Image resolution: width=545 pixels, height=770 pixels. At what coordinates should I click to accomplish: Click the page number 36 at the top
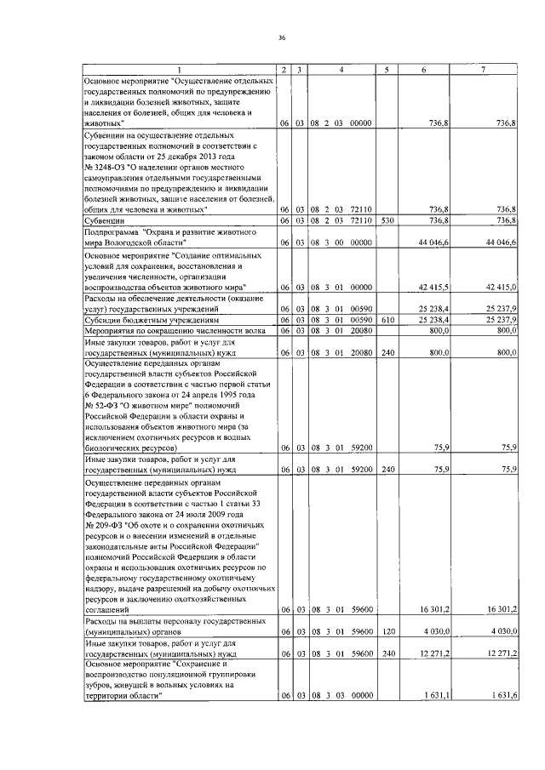[x=281, y=37]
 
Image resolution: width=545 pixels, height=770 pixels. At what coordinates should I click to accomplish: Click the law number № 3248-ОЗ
[x=106, y=166]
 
